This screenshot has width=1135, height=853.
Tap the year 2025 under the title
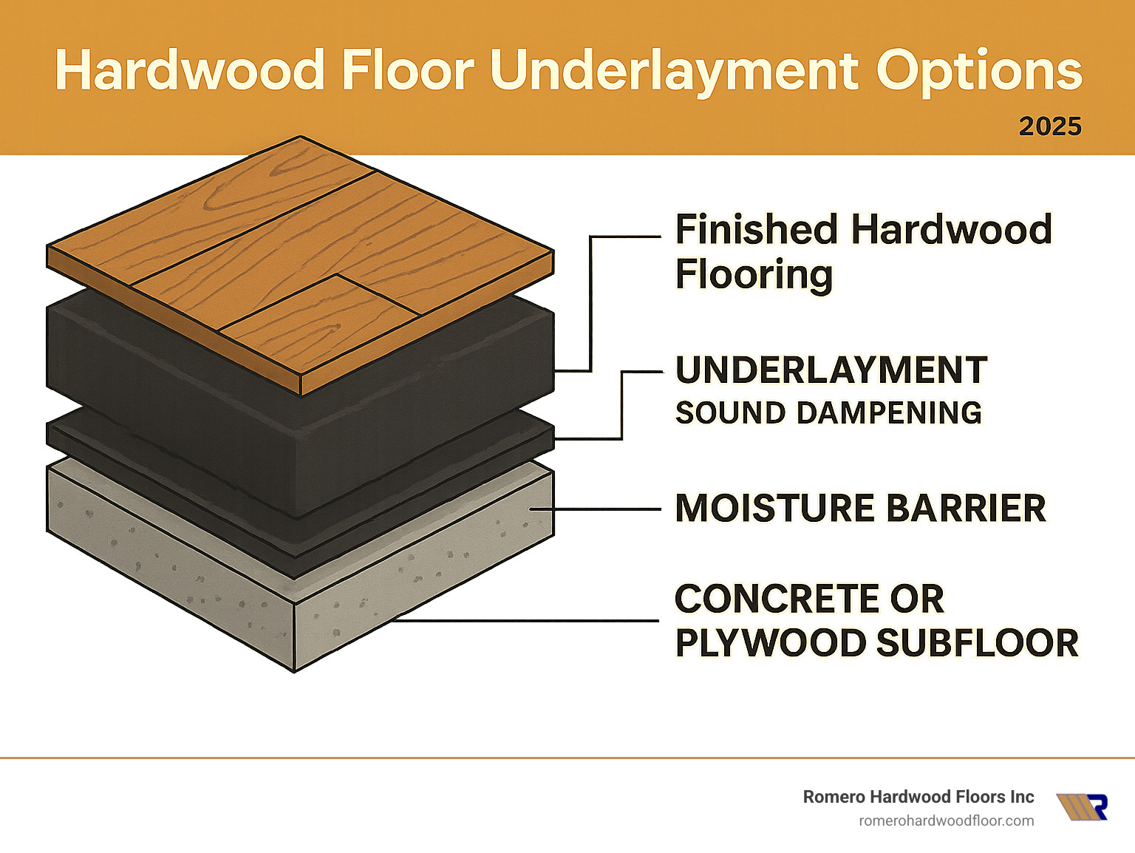click(x=1050, y=126)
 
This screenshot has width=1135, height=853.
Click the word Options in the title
click(x=979, y=72)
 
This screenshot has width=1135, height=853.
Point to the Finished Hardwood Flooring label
click(x=863, y=251)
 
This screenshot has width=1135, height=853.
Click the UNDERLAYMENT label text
click(x=831, y=370)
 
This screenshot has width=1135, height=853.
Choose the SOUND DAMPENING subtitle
click(x=828, y=412)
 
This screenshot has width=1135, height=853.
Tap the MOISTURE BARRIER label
click(x=861, y=509)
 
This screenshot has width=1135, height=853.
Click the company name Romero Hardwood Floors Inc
click(x=918, y=797)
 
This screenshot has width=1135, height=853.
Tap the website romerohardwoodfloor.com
click(x=946, y=820)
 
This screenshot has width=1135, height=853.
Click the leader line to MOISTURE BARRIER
click(x=599, y=509)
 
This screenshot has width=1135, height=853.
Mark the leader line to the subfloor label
click(x=525, y=621)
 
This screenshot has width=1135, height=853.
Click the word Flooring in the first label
click(x=754, y=275)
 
